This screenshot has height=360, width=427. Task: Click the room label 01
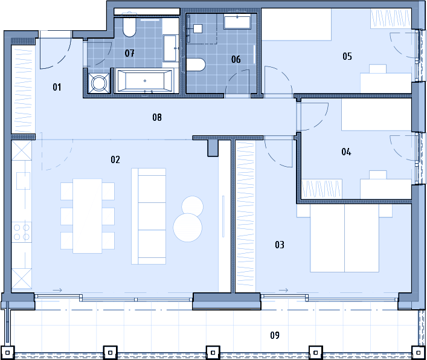pyautogui.click(x=57, y=87)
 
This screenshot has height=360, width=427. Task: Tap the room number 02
pyautogui.click(x=115, y=159)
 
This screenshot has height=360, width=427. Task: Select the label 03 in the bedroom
pyautogui.click(x=280, y=245)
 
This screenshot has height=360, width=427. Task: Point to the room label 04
pyautogui.click(x=346, y=152)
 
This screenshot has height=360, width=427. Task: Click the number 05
pyautogui.click(x=347, y=56)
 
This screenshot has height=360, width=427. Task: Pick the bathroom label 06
pyautogui.click(x=236, y=59)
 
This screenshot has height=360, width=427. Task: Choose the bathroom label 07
pyautogui.click(x=129, y=53)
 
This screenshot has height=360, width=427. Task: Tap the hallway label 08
pyautogui.click(x=157, y=117)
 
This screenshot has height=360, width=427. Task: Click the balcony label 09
pyautogui.click(x=275, y=335)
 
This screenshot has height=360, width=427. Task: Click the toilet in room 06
pyautogui.click(x=196, y=65)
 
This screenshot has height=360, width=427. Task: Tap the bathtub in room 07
pyautogui.click(x=144, y=81)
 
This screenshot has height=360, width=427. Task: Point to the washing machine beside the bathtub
pyautogui.click(x=98, y=83)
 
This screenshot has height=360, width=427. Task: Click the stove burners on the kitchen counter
pyautogui.click(x=22, y=233)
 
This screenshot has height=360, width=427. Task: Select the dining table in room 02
pyautogui.click(x=88, y=216)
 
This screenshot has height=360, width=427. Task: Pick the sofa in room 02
pyautogui.click(x=149, y=216)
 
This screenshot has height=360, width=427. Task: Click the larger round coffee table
pyautogui.click(x=188, y=228)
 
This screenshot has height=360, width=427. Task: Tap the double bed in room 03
pyautogui.click(x=344, y=238)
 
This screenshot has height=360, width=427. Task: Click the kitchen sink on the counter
pyautogui.click(x=23, y=181)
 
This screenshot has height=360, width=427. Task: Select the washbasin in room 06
pyautogui.click(x=237, y=22)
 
